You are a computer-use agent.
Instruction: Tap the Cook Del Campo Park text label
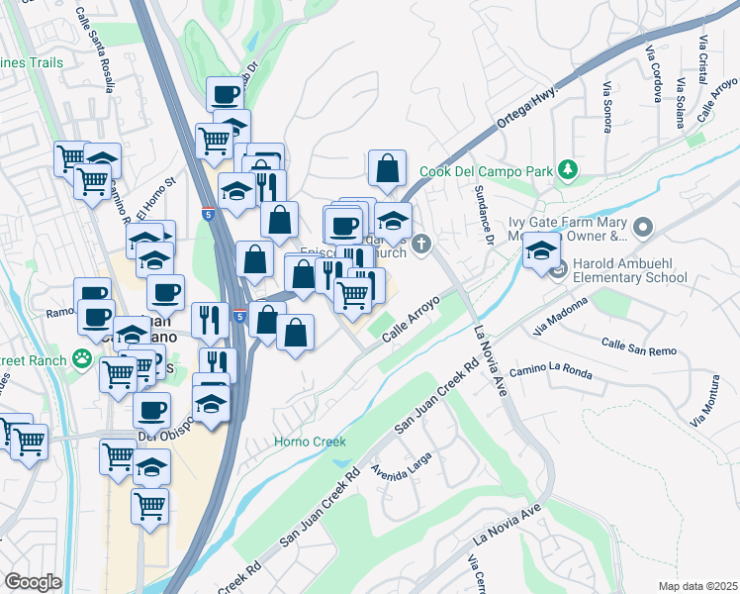click(x=486, y=171)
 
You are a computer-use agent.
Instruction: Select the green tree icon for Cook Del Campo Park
click(x=568, y=170)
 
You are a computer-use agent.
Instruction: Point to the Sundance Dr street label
click(x=485, y=214)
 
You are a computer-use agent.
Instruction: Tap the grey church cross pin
click(x=422, y=243)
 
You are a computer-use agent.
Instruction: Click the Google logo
click(x=33, y=581)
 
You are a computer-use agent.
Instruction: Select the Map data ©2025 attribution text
click(x=697, y=586)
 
